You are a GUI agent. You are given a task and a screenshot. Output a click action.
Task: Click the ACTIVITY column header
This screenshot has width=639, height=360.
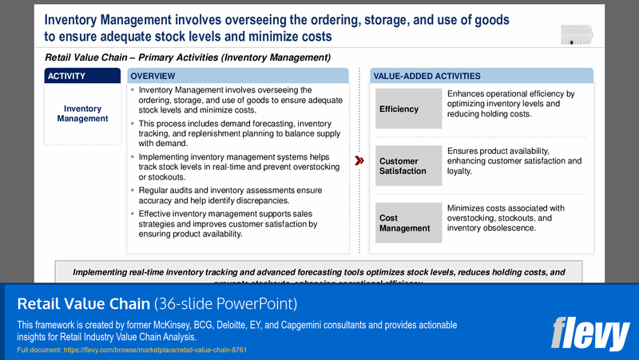[x=82, y=76]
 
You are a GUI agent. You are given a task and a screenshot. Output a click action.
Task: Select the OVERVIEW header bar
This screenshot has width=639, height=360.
[x=238, y=76]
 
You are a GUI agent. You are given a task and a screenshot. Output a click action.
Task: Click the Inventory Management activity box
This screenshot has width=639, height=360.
[x=82, y=113]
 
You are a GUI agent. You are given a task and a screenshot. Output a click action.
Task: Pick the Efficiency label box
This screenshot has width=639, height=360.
[x=408, y=109]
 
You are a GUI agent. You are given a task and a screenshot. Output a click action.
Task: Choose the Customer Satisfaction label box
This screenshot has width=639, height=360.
[x=408, y=166]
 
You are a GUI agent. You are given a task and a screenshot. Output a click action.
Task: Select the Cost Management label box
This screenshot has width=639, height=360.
[x=408, y=223]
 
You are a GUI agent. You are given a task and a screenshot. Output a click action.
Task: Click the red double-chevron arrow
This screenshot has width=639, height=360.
[x=359, y=160]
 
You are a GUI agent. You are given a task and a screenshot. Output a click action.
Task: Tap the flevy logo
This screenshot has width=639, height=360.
[x=590, y=333]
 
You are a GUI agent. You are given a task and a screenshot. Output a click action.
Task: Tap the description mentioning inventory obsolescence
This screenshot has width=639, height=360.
[x=515, y=218]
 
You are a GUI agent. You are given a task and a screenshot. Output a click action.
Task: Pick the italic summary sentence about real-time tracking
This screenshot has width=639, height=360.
[x=319, y=272]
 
